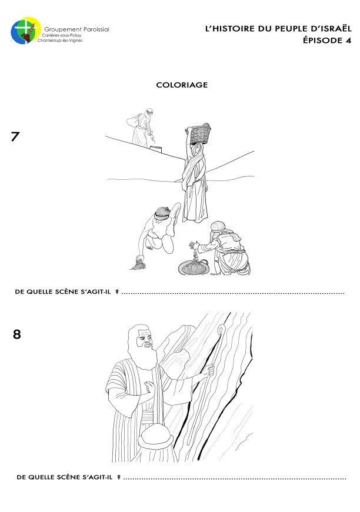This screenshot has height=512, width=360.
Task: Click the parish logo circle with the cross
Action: (25, 31)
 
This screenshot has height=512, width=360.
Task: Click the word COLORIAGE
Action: (182, 85)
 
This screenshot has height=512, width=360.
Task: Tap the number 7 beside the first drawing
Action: (15, 136)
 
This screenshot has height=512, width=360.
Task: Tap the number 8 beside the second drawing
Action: (16, 334)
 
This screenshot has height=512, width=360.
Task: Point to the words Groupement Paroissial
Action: (77, 29)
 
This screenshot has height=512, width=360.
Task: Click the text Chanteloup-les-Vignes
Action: (60, 41)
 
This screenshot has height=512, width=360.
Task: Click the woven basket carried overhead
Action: (198, 133)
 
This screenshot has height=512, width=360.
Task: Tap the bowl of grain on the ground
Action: (194, 267)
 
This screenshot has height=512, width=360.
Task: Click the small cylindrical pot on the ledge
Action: (156, 149)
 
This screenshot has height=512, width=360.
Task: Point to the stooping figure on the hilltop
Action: (141, 128)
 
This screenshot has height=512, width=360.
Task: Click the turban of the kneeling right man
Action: (218, 226)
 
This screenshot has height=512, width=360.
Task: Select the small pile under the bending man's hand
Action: (138, 265)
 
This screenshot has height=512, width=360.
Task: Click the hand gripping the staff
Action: (209, 370)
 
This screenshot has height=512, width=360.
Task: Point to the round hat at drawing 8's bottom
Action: (156, 436)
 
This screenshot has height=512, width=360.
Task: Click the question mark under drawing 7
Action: (117, 292)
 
